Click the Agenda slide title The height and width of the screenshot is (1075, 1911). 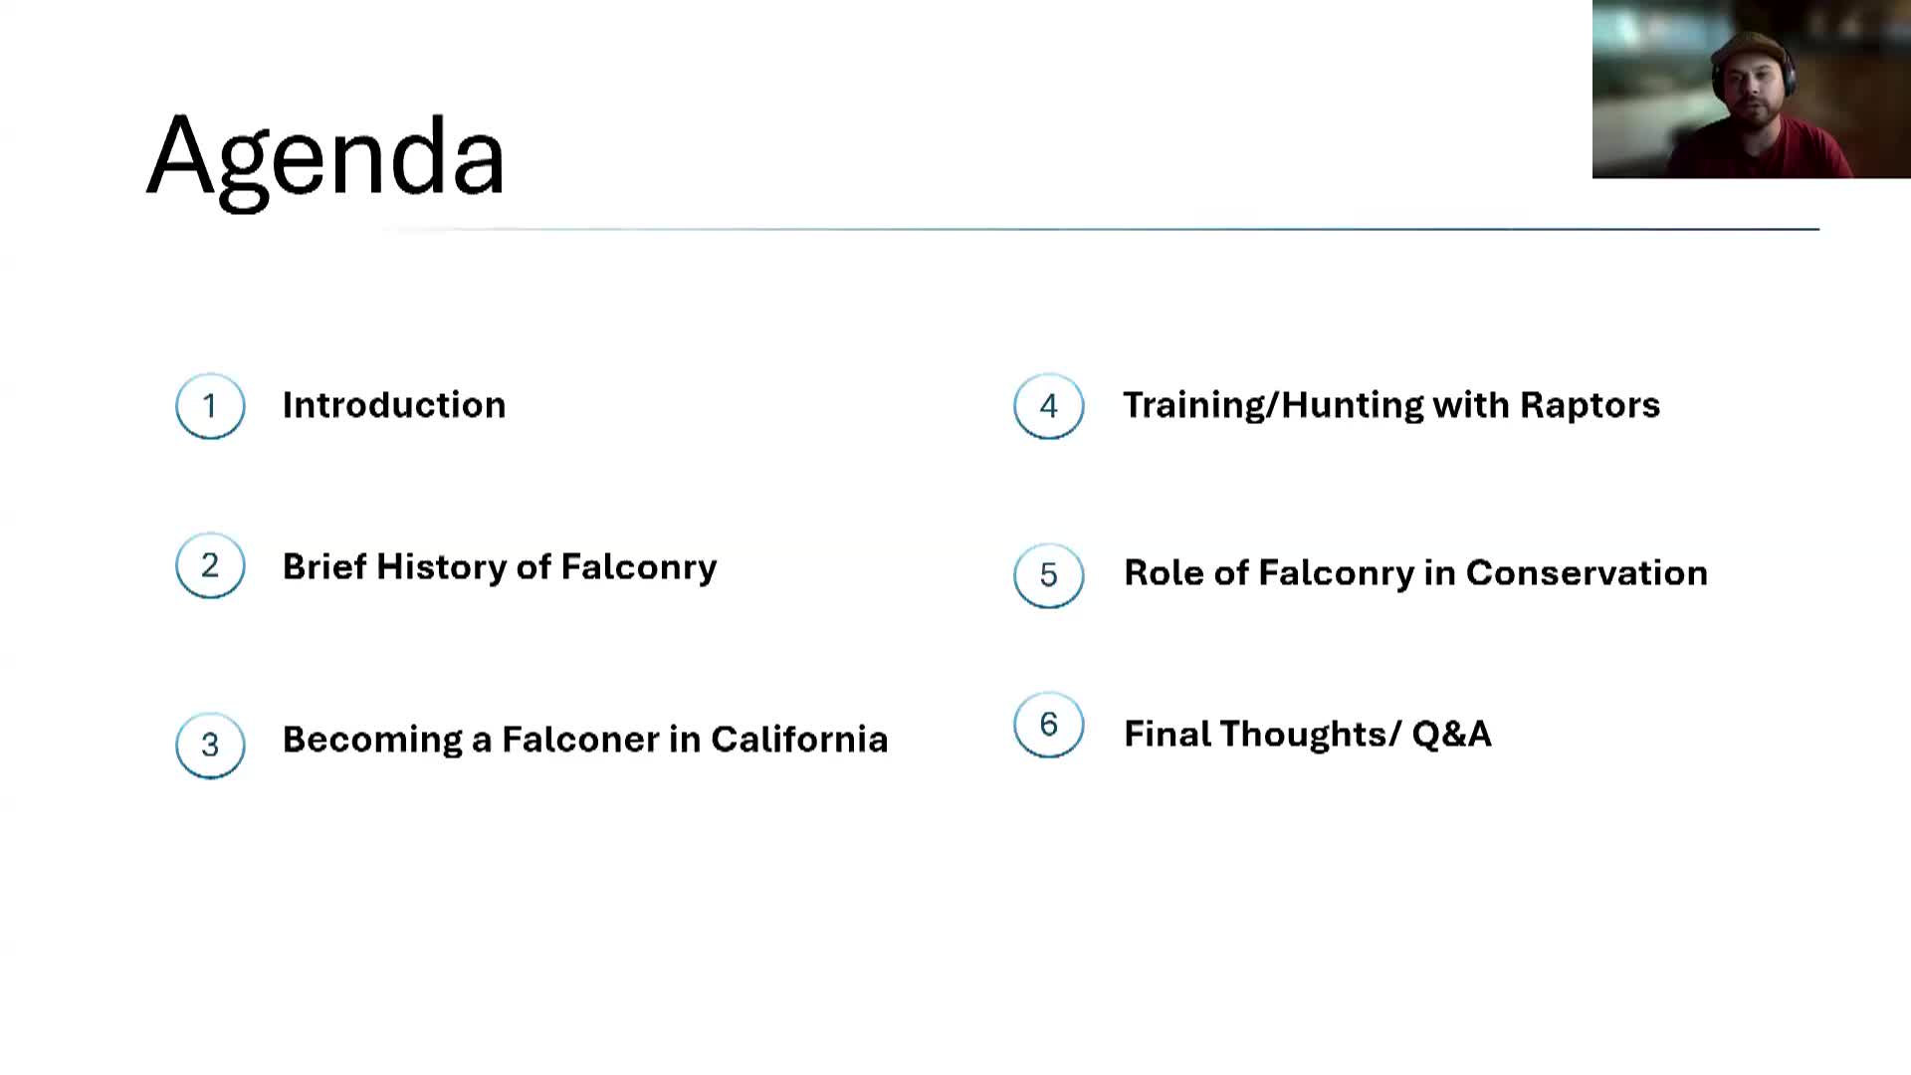coord(326,157)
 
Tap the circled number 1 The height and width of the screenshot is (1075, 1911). coord(210,406)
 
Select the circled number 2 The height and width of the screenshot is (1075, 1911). coord(210,565)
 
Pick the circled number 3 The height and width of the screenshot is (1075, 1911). coord(210,745)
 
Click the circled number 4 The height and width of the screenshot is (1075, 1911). coord(1048,406)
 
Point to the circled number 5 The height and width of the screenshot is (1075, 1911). coord(1048,575)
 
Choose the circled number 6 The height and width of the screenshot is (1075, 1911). coord(1048,725)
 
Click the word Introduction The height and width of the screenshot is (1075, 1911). coord(394,405)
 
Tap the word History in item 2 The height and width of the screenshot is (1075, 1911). coord(441,566)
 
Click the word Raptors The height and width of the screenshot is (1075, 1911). coord(1590,405)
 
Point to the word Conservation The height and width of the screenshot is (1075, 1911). coord(1587,573)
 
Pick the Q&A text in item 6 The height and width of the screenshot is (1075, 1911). coord(1451,735)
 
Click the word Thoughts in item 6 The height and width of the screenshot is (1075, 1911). coord(1303,735)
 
